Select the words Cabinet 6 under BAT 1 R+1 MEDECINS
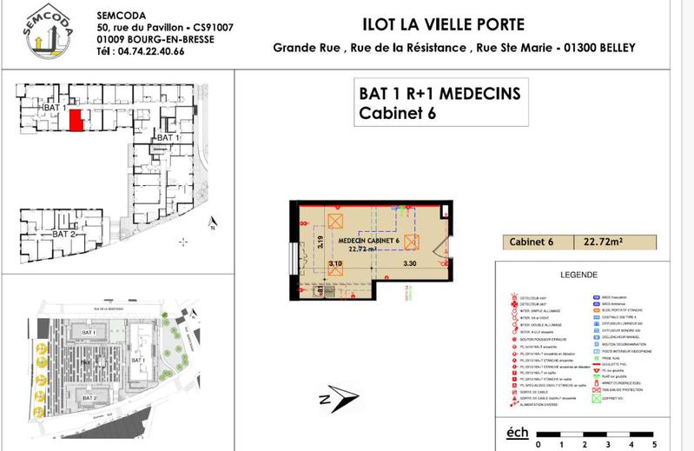point(396,112)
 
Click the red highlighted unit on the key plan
point(76,120)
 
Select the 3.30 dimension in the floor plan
point(408,262)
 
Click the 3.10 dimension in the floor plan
point(337,262)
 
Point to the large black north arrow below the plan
point(336,398)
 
